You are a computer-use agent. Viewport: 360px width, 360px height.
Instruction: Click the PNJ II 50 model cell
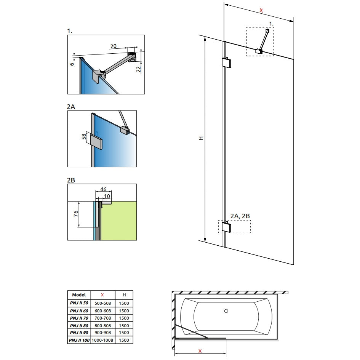point(79,303)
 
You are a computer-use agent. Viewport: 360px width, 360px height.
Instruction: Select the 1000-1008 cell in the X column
point(102,340)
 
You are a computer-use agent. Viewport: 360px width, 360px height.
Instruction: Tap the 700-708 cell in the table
point(102,318)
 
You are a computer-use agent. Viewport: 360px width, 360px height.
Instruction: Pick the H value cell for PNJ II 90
point(124,333)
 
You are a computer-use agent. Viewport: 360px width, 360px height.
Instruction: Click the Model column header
point(79,295)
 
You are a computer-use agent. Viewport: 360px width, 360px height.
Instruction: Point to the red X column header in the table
point(102,295)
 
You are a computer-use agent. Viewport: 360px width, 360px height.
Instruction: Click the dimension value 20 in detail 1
point(114,46)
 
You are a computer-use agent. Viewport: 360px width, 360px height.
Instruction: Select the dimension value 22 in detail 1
point(138,69)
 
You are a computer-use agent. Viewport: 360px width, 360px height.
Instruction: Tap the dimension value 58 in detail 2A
point(84,136)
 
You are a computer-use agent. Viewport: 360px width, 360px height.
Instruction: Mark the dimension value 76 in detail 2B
point(76,214)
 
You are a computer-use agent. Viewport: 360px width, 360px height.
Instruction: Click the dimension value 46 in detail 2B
point(103,189)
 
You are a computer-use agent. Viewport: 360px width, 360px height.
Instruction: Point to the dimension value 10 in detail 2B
point(107,196)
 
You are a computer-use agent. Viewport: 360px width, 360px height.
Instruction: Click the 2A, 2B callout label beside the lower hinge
point(240,216)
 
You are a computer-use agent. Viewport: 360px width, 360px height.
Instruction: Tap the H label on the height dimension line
point(201,138)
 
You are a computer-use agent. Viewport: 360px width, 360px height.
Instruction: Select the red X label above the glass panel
point(261,10)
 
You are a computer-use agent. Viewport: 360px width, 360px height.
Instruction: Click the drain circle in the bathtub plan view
point(226,311)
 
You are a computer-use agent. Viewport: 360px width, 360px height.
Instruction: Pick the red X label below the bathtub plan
point(200,351)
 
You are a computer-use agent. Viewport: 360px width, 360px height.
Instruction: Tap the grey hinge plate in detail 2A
point(96,142)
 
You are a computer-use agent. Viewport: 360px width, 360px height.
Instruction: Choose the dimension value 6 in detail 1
point(72,64)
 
